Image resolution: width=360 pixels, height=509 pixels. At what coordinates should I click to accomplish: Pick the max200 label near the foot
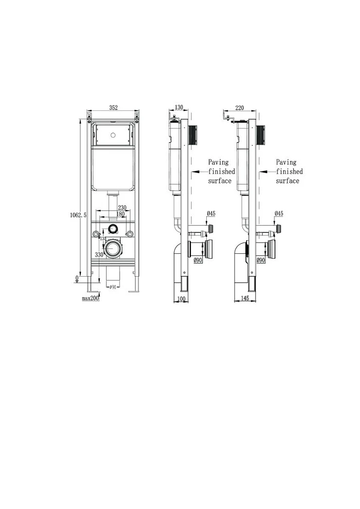90,298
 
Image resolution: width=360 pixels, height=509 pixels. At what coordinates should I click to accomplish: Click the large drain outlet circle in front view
115,248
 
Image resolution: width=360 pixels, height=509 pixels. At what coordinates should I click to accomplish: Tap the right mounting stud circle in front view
129,234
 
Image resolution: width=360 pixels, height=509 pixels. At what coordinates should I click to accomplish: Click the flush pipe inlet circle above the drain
113,228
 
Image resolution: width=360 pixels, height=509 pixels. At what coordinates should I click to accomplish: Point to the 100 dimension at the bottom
181,299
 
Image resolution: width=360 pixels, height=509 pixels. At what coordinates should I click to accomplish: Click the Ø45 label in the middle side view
211,213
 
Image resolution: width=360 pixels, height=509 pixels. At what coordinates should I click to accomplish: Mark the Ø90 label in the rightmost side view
274,260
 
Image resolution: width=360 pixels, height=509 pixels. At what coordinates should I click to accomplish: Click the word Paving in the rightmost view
286,162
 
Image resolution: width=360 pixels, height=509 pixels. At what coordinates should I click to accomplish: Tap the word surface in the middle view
220,181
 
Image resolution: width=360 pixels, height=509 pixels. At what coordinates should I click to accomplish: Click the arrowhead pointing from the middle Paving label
193,171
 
